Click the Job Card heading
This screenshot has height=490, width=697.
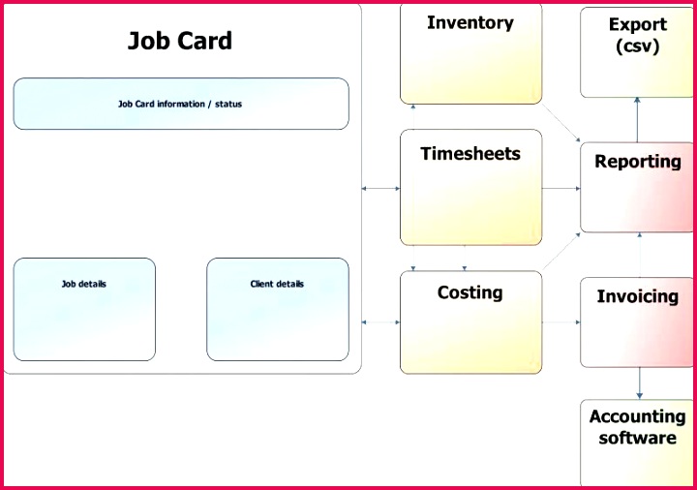(180, 41)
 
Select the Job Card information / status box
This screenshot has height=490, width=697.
(180, 104)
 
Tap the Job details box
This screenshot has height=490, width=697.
(84, 310)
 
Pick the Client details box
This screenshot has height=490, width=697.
(277, 310)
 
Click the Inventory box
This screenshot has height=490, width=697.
(470, 54)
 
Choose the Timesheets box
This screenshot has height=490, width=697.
(470, 187)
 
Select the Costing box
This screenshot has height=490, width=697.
(470, 322)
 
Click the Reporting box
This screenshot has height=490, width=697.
(637, 188)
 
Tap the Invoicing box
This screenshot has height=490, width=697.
(637, 322)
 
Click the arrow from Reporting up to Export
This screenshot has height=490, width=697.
(637, 119)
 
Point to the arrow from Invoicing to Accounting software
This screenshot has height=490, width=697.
(639, 383)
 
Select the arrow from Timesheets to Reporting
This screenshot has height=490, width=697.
(561, 188)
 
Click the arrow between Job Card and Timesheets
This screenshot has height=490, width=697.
(380, 188)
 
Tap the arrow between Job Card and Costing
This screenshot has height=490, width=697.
(380, 322)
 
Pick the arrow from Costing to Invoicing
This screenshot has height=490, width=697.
(561, 322)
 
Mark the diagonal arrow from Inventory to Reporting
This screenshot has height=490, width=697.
(562, 123)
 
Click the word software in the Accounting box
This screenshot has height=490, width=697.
(637, 439)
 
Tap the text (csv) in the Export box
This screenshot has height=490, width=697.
(637, 46)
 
